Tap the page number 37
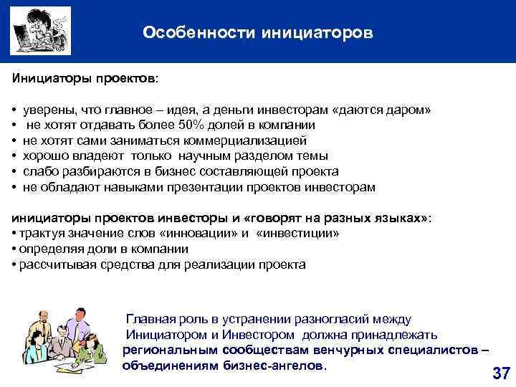pos(501,373)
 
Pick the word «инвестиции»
pos(298,234)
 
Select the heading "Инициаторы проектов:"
pos(85,76)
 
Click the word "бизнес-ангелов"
pos(283,365)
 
